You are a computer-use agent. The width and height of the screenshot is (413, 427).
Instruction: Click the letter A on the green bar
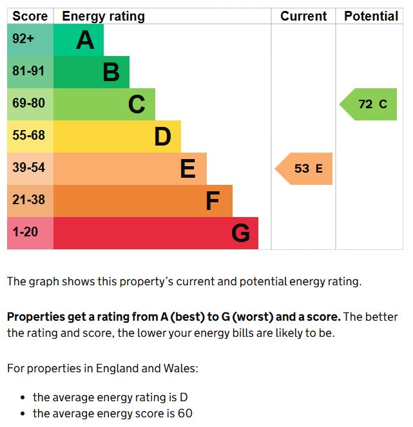[x=85, y=41]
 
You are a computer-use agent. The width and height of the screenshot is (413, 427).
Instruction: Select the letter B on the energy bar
[x=111, y=72]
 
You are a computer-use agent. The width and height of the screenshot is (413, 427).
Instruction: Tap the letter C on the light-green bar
[x=137, y=104]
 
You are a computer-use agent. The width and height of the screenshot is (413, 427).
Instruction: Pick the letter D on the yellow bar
[x=162, y=137]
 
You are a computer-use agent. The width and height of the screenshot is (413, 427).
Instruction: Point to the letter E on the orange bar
[x=187, y=169]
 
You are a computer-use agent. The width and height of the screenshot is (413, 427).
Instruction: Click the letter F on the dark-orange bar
[x=213, y=201]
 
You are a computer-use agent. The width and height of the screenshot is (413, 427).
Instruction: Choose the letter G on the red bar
[x=240, y=233]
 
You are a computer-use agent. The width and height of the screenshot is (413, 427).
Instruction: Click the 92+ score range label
[x=23, y=39]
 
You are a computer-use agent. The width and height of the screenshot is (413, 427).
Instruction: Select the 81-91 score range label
[x=28, y=71]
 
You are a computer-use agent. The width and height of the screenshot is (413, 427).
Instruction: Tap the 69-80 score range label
[x=28, y=103]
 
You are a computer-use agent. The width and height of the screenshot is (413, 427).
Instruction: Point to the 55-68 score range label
[x=28, y=135]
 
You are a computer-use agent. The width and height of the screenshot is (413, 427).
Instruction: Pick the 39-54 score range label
[x=28, y=167]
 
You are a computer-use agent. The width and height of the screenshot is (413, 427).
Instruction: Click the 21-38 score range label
[x=28, y=200]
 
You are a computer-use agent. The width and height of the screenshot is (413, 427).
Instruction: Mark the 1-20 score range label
[x=25, y=232]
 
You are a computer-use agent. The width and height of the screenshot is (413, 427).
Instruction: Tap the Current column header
[x=303, y=16]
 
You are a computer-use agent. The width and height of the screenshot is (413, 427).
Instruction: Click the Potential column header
[x=371, y=16]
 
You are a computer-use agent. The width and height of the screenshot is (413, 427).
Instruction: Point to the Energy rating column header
[x=103, y=16]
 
